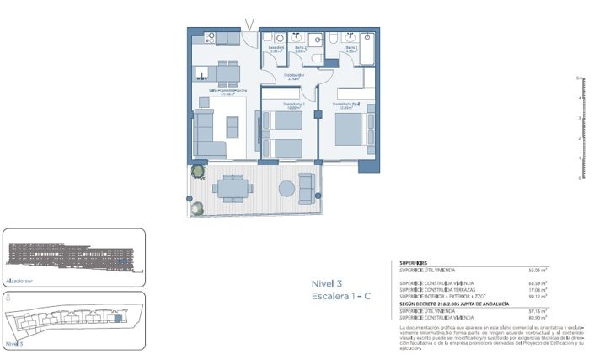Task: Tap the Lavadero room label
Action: (x=276, y=49)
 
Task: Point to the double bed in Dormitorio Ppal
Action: (x=351, y=128)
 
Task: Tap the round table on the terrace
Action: (x=287, y=187)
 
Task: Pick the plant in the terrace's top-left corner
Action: (x=197, y=171)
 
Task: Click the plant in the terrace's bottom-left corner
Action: (x=196, y=208)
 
